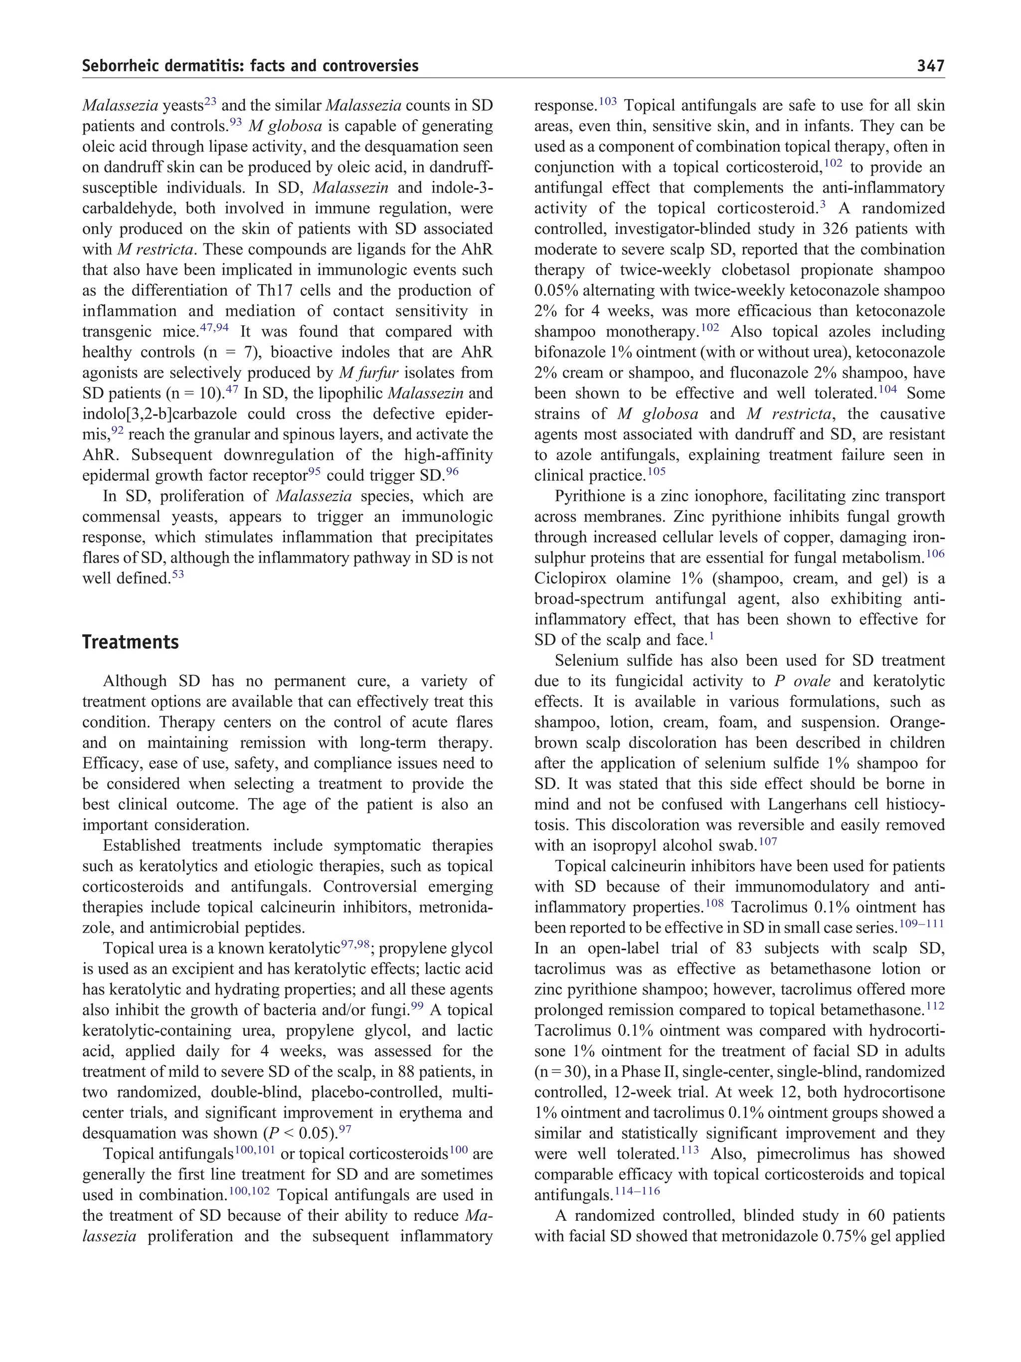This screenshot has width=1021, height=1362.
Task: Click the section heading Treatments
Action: coord(131,642)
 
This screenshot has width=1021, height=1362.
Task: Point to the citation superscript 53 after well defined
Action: coord(178,575)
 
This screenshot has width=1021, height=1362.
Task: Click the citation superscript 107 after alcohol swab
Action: coord(768,842)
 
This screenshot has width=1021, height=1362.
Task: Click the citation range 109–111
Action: coord(921,924)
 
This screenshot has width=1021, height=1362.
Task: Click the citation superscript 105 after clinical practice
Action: coord(656,472)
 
